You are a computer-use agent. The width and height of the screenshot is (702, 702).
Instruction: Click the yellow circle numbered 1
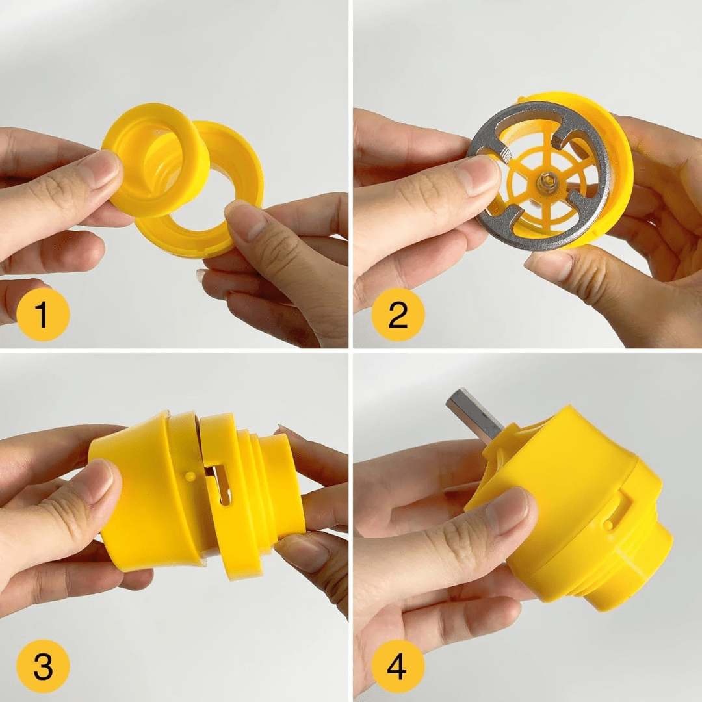coord(43,315)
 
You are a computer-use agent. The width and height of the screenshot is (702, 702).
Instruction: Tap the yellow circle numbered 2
coord(398,315)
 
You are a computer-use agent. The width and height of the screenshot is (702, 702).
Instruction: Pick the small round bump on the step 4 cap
coord(608,523)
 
